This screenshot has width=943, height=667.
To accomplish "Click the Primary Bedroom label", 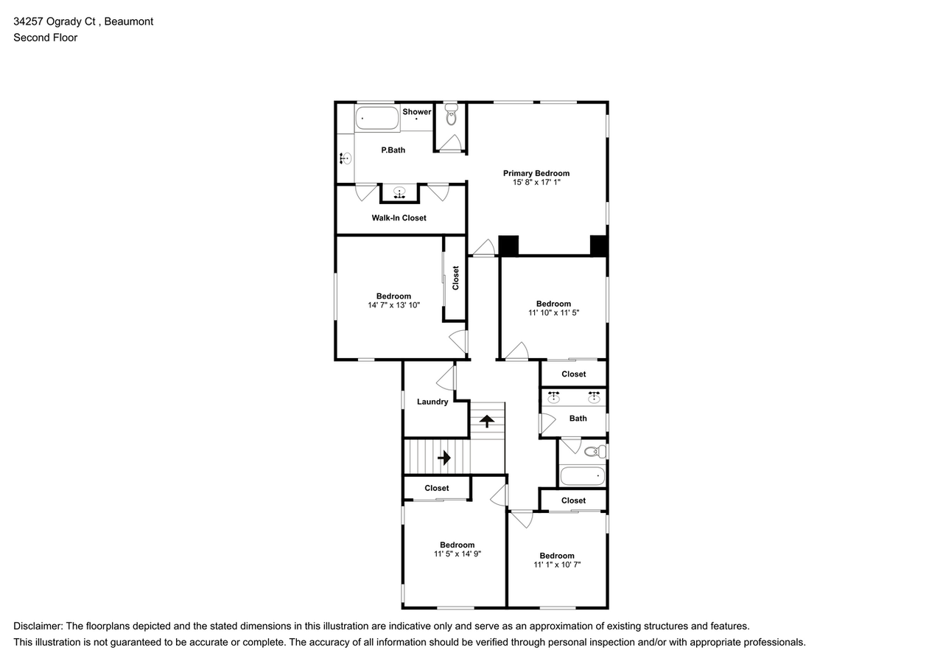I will [536, 173].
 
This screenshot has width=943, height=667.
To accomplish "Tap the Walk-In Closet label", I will [399, 218].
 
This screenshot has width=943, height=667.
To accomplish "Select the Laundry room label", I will [432, 402].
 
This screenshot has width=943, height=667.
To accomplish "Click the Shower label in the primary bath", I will [417, 112].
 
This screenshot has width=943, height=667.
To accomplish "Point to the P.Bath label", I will [393, 150].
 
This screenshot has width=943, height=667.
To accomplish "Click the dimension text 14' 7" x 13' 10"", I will [393, 304].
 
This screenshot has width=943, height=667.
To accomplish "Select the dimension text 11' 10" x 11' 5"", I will [553, 312].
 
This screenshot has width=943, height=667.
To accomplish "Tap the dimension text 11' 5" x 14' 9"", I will [458, 553].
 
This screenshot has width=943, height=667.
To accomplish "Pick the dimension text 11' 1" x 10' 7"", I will [557, 565].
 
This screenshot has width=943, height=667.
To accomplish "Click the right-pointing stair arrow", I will [444, 458].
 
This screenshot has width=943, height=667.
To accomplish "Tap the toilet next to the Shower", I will [452, 116].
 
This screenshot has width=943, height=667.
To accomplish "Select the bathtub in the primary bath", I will [377, 118].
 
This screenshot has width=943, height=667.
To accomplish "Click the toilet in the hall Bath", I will [595, 451].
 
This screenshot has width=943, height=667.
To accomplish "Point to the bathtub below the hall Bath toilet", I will [582, 476].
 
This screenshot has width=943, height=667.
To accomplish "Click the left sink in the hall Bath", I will [553, 398].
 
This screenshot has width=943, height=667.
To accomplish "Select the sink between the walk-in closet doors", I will [399, 193].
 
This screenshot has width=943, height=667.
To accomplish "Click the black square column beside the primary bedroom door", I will [508, 245].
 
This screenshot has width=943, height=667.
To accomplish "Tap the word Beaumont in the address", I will [129, 21].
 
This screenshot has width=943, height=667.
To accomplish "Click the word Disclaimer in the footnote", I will [38, 626].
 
